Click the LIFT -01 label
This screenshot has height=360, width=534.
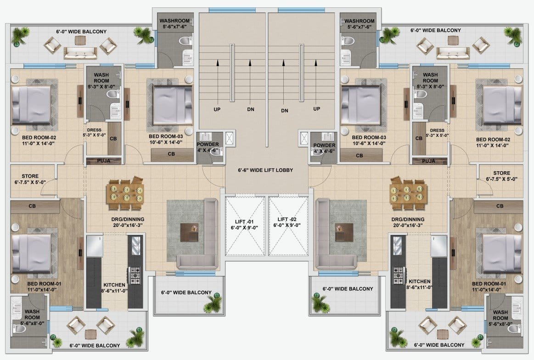point(244,222)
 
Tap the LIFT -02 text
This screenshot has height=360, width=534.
point(287,219)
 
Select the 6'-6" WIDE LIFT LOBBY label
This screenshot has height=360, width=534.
point(265,170)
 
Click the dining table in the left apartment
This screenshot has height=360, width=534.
point(125,193)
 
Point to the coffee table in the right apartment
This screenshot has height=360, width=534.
point(343,233)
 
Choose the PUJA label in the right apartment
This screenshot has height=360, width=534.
point(428,161)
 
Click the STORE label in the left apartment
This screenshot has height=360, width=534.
point(30,176)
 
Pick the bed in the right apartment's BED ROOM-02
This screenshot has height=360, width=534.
point(502,105)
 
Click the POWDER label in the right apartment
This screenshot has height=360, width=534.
point(324,145)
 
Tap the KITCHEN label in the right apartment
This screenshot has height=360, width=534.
point(420,281)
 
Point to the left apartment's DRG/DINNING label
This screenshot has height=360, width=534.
point(128,219)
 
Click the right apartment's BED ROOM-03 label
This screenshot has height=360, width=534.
point(369,137)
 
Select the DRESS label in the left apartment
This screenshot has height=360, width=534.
point(94,130)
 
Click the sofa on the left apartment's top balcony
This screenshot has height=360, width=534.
point(80,53)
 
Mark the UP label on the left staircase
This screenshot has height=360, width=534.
point(217,109)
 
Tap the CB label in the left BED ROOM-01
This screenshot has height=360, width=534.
point(32,206)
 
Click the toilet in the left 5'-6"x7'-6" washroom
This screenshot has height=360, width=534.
point(185,41)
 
